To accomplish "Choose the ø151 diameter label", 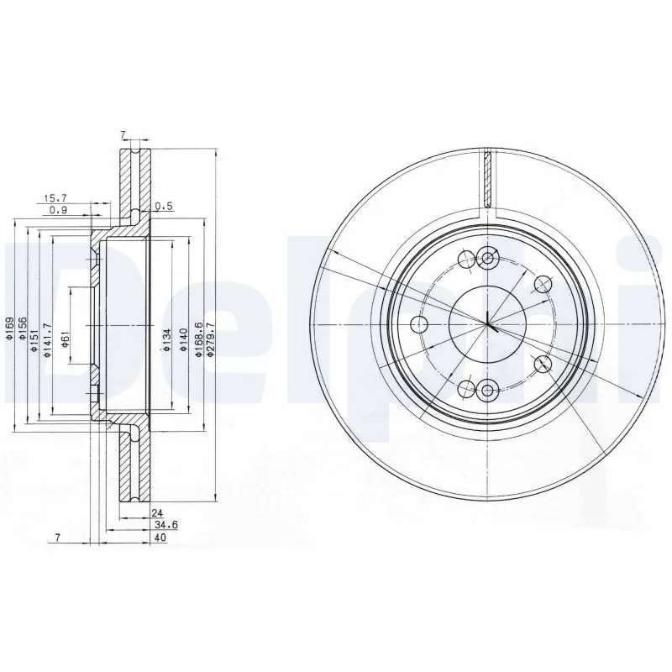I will (x=34, y=328).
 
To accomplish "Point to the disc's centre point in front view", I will (x=487, y=324).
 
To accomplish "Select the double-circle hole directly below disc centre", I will (x=487, y=389).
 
